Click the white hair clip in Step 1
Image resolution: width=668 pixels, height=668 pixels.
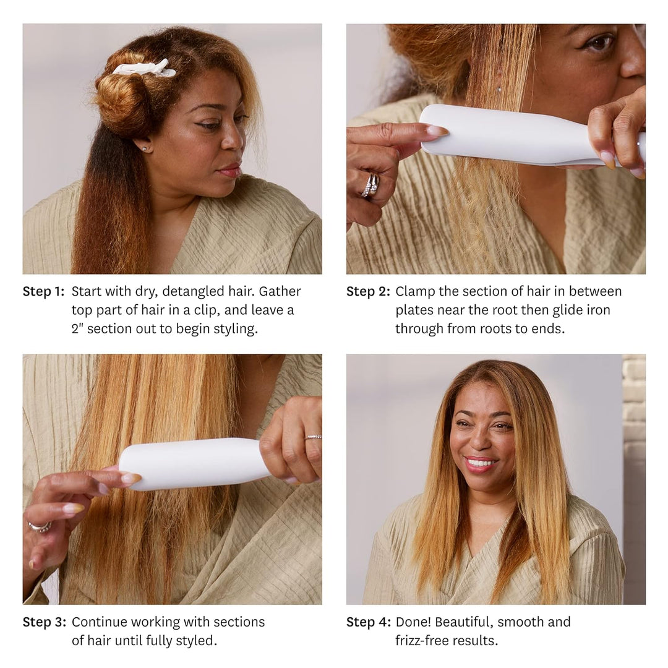144,69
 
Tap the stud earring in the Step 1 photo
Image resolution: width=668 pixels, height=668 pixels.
144,148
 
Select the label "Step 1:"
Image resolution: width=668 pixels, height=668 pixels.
43,291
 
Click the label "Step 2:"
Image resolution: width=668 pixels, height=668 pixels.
368,291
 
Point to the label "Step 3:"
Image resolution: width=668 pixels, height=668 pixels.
45,622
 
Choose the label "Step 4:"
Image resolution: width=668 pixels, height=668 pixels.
369,622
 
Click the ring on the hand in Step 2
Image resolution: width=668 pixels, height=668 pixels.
370,186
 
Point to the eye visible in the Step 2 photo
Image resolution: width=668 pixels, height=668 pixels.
600,43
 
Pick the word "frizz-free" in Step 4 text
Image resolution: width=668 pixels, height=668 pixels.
421,641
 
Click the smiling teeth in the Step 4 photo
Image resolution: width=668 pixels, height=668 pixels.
481,463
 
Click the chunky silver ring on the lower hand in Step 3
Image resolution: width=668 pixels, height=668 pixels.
40,526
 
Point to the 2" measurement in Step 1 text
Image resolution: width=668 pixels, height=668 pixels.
77,329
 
